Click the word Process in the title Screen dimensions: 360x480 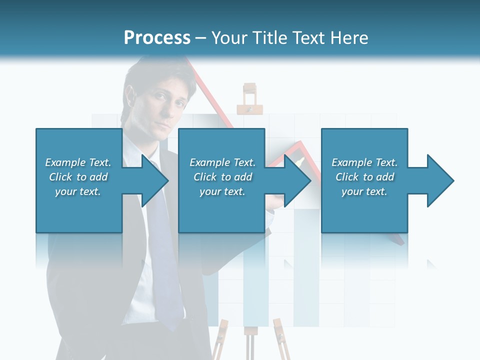157,38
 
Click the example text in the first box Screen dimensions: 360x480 78,177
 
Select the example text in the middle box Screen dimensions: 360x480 222,177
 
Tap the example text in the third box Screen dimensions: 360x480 364,177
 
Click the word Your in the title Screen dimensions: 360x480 229,38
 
